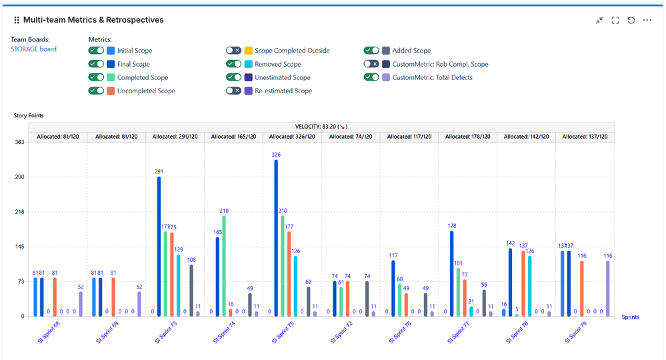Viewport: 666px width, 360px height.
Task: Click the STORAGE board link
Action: pos(33,49)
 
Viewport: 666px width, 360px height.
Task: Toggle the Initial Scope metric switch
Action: pos(96,51)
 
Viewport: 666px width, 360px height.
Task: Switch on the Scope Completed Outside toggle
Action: pos(233,51)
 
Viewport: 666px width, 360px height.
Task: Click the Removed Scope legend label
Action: pos(277,64)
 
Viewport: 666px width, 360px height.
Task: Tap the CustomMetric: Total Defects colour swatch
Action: pos(386,77)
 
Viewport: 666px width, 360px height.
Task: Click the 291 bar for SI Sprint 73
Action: pos(159,246)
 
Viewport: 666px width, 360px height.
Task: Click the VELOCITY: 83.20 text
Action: pos(321,127)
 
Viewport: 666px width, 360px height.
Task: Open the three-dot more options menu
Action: pos(647,21)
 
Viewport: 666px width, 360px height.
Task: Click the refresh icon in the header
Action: pos(631,21)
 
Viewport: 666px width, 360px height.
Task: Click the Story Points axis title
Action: pos(29,116)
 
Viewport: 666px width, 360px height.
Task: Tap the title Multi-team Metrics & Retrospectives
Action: pos(93,20)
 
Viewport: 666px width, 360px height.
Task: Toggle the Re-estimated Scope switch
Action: pos(233,91)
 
